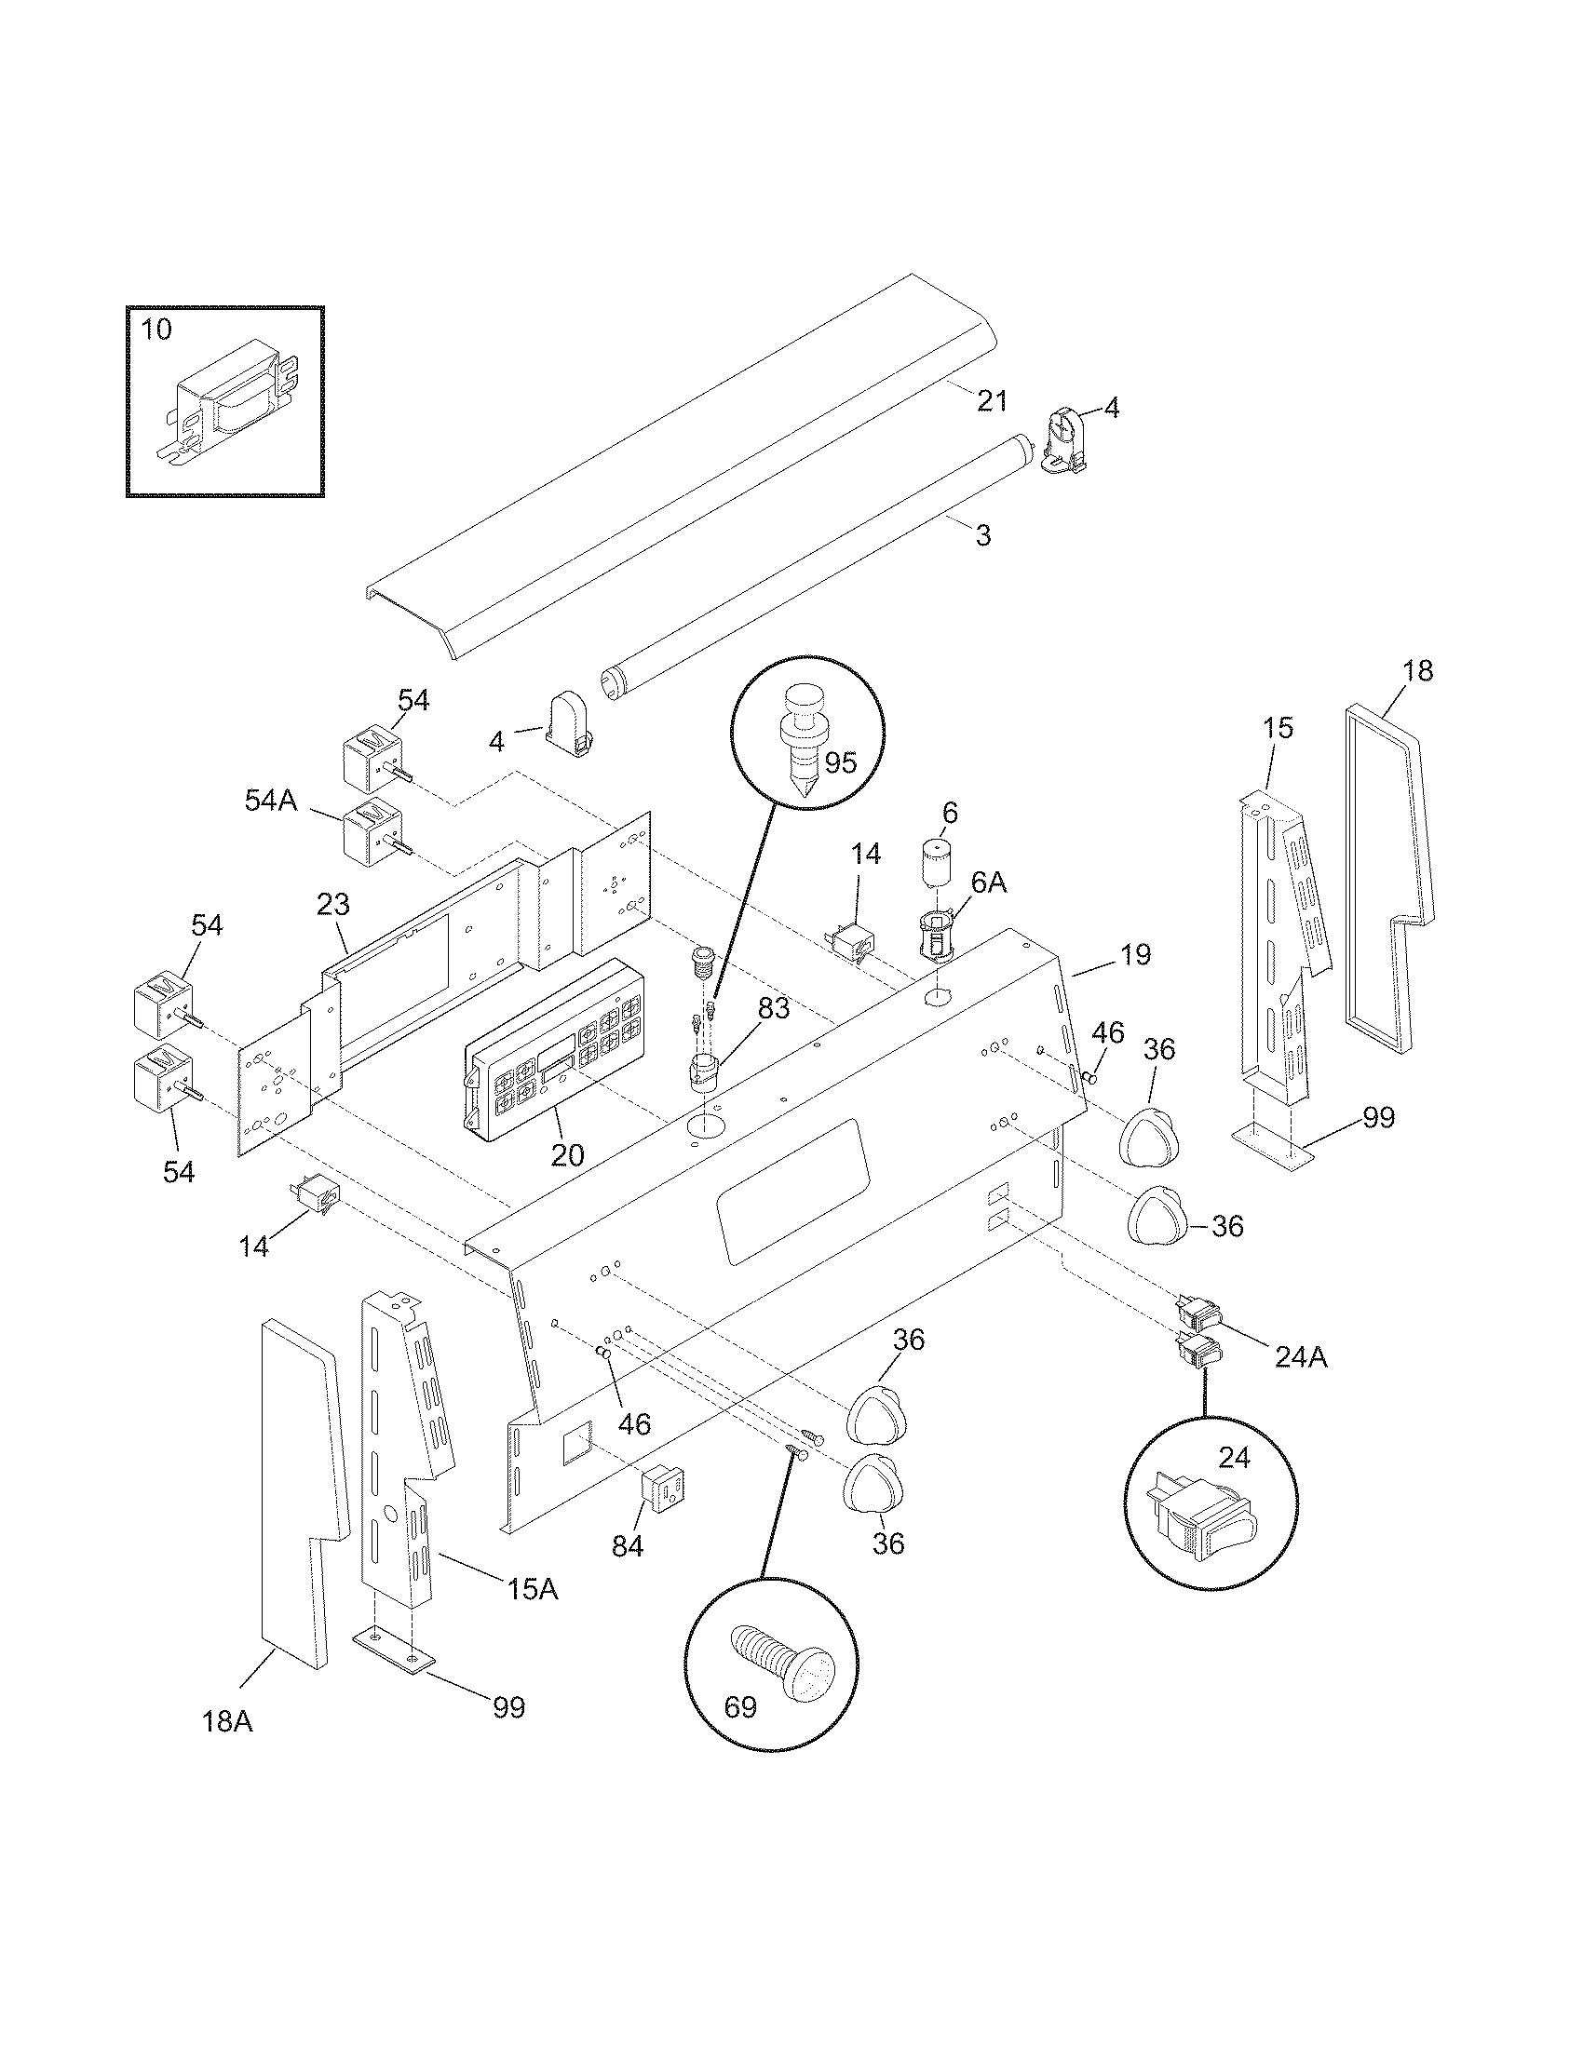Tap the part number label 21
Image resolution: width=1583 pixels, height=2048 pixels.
(x=992, y=401)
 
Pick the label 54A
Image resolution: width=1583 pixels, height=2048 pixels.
(x=270, y=800)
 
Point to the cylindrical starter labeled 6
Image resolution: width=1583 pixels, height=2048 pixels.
(x=931, y=864)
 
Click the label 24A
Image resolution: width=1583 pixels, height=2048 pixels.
(x=1300, y=1357)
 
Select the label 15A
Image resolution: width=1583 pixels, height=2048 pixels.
(x=532, y=1588)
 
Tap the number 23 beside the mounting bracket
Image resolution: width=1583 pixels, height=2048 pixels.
(x=333, y=905)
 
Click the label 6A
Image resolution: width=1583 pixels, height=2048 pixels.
(x=987, y=882)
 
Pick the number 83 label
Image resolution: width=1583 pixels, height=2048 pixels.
(x=775, y=1008)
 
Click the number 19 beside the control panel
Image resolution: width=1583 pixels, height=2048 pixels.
(x=1134, y=954)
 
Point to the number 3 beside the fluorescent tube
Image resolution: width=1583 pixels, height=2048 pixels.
(x=981, y=535)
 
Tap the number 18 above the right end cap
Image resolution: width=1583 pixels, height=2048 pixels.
(x=1418, y=670)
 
